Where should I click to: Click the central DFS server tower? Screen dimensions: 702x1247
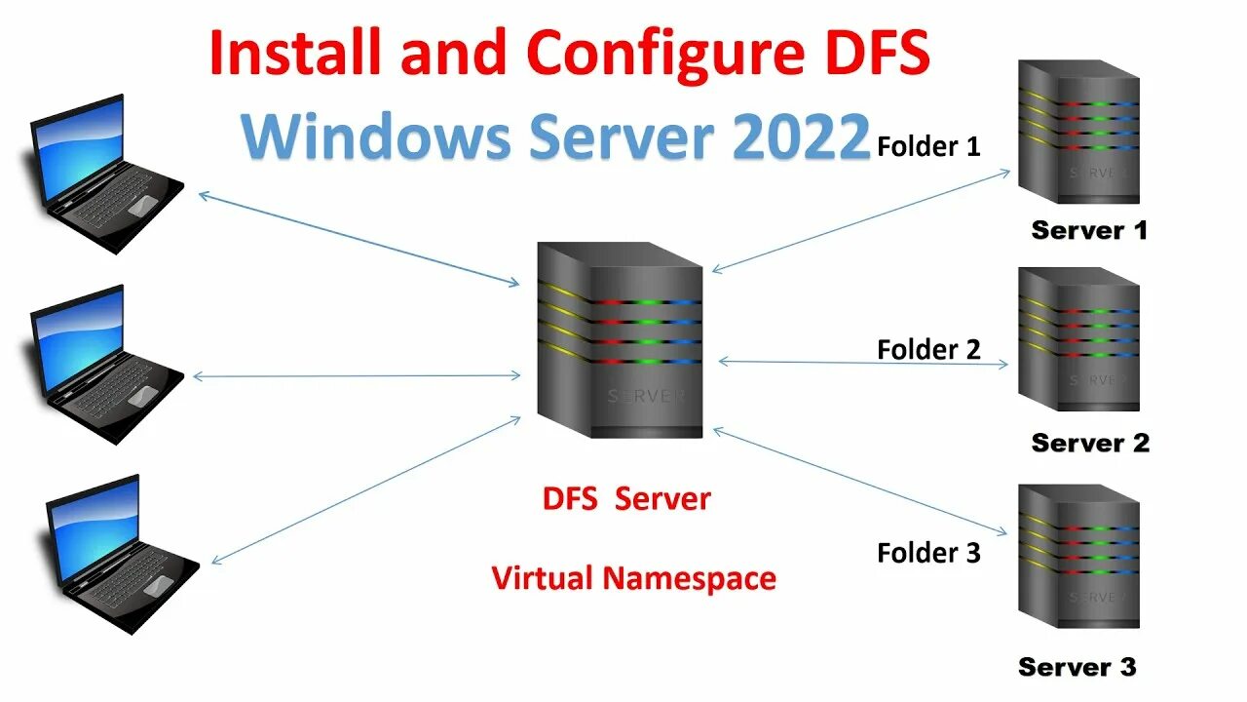[620, 339]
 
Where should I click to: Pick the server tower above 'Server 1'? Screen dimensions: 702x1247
[1078, 131]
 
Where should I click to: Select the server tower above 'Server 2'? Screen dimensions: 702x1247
[1078, 338]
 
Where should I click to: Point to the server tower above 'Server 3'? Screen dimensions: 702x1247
[1078, 556]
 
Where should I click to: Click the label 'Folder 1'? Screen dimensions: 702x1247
[928, 147]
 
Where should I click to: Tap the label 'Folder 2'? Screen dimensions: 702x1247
[928, 349]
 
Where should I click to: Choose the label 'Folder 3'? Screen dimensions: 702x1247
[928, 553]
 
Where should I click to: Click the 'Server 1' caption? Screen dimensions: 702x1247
[1089, 231]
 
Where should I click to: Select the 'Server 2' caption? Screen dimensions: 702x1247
[1090, 443]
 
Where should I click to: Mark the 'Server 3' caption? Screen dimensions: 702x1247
[1077, 668]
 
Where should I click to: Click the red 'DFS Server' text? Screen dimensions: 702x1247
[626, 499]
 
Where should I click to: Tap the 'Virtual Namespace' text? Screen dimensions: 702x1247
[634, 578]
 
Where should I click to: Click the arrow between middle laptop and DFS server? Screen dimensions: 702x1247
[358, 376]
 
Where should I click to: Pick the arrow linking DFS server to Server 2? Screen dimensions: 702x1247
[863, 363]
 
